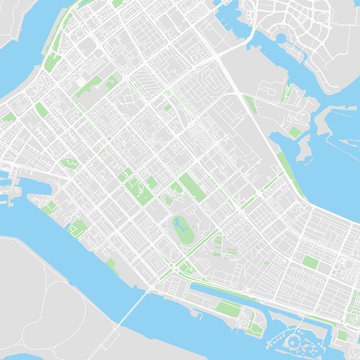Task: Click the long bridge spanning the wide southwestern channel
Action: click(x=128, y=312)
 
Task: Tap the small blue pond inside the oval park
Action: click(x=181, y=222)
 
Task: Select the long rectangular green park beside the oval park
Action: click(x=190, y=186)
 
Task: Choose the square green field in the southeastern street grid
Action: click(x=311, y=262)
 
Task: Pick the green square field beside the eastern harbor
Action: click(x=295, y=131)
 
